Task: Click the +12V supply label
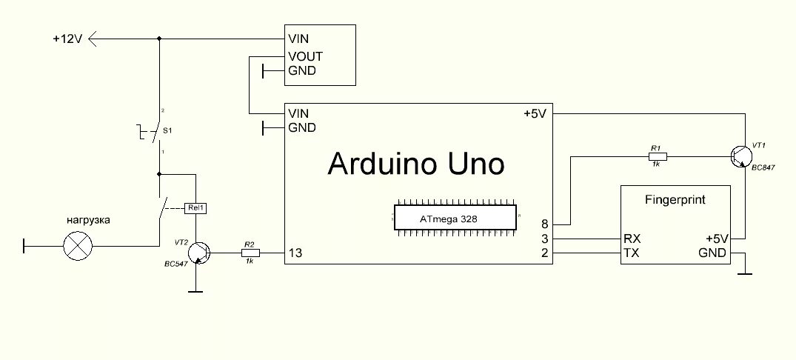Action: [67, 39]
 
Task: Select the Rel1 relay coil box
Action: [196, 208]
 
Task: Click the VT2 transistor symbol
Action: [198, 253]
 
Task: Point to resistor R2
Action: [250, 253]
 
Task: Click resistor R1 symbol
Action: [655, 156]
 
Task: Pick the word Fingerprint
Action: [674, 199]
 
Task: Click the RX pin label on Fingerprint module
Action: [633, 239]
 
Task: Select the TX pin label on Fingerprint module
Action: [632, 253]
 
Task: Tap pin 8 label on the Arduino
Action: [545, 223]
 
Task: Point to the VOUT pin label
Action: [305, 56]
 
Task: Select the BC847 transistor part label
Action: [762, 169]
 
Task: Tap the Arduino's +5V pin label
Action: [535, 113]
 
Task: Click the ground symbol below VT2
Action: [195, 291]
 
